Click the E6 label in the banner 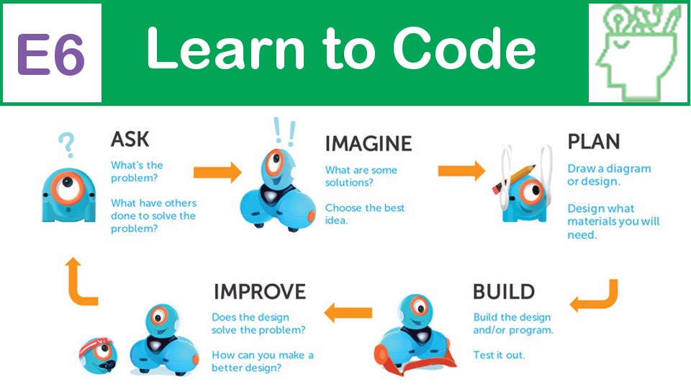tap(50, 54)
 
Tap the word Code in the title tap(464, 48)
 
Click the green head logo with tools tap(638, 53)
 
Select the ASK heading tap(130, 139)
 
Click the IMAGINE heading tap(369, 144)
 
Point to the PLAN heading tap(593, 142)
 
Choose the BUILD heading tap(504, 292)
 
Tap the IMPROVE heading tap(260, 292)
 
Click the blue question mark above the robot tap(66, 146)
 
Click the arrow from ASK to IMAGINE tap(217, 172)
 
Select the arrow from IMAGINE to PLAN tap(461, 171)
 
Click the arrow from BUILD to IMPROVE tap(348, 313)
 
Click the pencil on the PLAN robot tap(514, 179)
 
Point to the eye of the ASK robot tap(69, 187)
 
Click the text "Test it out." tap(499, 355)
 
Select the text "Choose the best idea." tap(365, 214)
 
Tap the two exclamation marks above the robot tap(284, 132)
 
